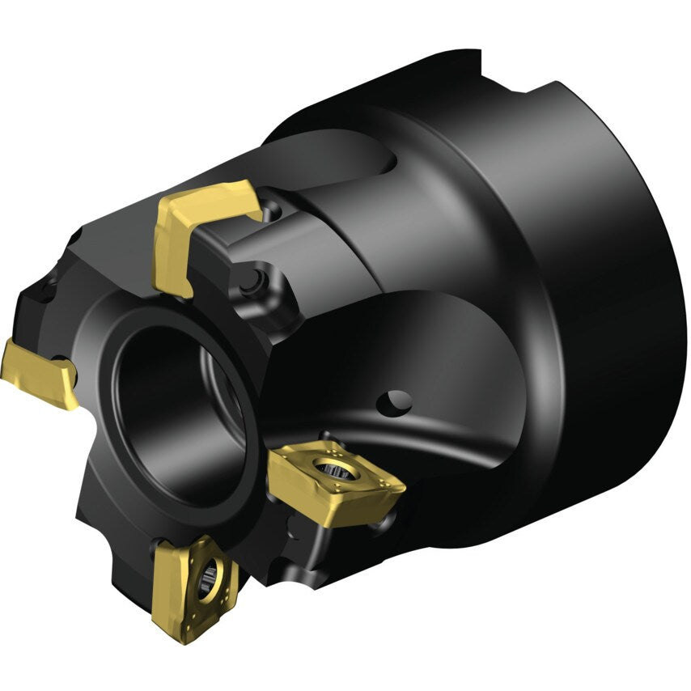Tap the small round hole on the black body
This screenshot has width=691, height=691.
point(398,400)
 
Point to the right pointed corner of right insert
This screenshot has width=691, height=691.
point(402,487)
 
